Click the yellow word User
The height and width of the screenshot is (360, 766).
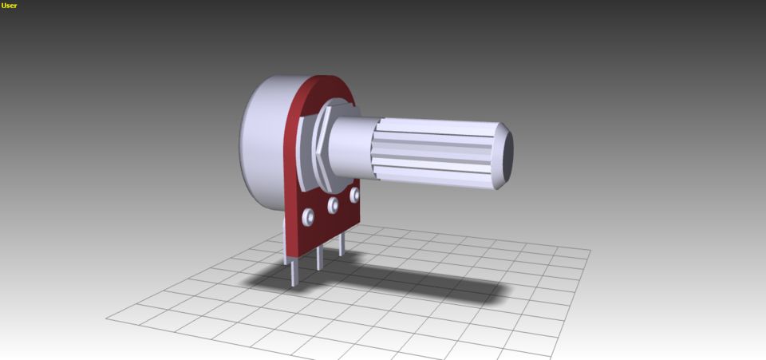(x=9, y=6)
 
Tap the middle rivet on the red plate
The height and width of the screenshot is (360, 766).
(x=333, y=206)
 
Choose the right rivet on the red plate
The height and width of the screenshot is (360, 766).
(x=353, y=195)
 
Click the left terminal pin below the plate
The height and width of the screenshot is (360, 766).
(x=294, y=271)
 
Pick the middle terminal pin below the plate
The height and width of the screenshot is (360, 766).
(x=319, y=258)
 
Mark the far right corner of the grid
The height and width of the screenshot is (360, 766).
(x=590, y=250)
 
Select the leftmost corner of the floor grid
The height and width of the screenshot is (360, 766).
(x=106, y=318)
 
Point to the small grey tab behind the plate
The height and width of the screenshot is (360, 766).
(x=283, y=231)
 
